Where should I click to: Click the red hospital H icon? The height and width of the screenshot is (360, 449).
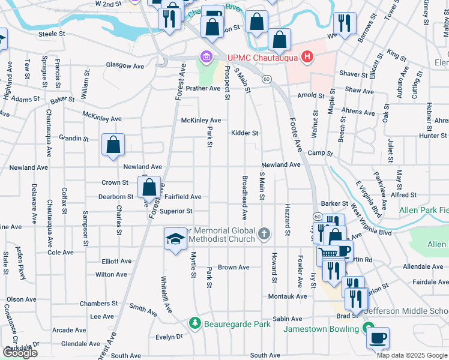coord(307,58)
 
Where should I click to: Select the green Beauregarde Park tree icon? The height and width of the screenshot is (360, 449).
coord(194,323)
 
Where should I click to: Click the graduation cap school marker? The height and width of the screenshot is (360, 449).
coord(175,238)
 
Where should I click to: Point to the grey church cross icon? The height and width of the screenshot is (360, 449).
coord(263,233)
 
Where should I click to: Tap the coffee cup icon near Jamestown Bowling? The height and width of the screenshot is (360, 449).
coord(377,338)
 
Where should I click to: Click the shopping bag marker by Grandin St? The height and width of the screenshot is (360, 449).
coord(113,145)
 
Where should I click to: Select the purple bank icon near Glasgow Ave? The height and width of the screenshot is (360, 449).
coord(206,58)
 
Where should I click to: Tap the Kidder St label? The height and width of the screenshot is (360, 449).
coord(244,133)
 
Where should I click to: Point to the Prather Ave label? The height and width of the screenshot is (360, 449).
coord(203,88)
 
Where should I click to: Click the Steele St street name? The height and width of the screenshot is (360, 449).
coord(51,34)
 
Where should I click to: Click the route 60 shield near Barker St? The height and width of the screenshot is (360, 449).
coord(316,215)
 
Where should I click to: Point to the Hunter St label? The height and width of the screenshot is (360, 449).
coord(433,136)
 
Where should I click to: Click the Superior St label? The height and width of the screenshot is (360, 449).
coord(175,211)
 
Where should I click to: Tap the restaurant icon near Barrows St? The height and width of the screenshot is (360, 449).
coord(344,23)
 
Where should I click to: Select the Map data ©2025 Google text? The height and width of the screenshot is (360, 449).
coord(411,355)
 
